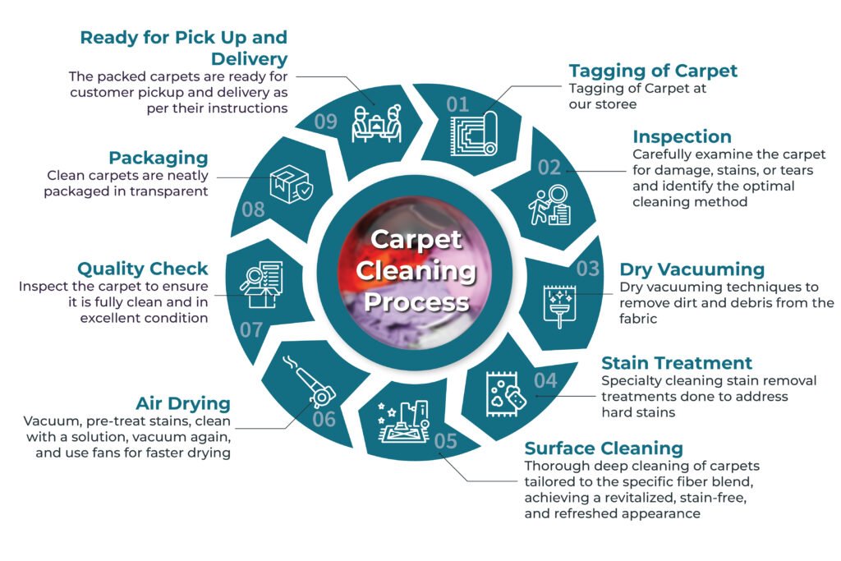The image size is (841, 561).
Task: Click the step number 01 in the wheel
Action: click(x=457, y=104)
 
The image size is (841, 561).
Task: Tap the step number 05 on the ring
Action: click(x=446, y=441)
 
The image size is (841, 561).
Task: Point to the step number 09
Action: click(x=325, y=122)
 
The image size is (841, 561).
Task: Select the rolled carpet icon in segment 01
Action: click(x=475, y=134)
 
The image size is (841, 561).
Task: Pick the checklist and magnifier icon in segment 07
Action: click(x=262, y=284)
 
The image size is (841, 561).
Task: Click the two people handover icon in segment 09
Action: click(x=376, y=123)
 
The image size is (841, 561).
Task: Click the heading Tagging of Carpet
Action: click(x=653, y=71)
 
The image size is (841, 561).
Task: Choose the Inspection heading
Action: click(x=682, y=136)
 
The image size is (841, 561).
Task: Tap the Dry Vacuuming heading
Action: click(x=692, y=269)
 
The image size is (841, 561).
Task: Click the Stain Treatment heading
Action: click(x=677, y=362)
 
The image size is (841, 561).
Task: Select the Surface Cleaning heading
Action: click(x=604, y=448)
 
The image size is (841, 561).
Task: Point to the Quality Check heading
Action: click(x=143, y=268)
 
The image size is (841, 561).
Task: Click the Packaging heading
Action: click(x=159, y=158)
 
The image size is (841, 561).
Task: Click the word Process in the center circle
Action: click(x=416, y=302)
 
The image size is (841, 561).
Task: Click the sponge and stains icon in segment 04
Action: click(x=506, y=394)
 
